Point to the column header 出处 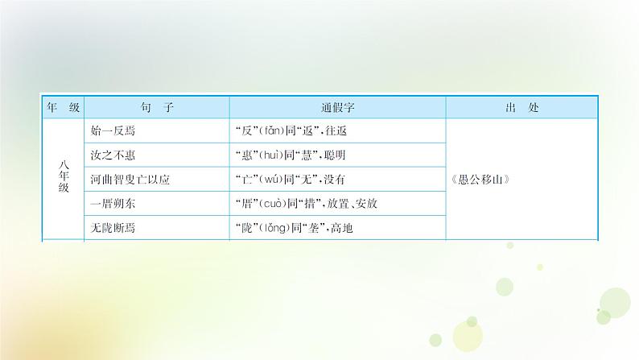pyautogui.click(x=521, y=107)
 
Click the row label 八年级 pyautogui.click(x=64, y=178)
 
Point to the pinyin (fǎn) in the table pyautogui.click(x=267, y=131)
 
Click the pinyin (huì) pyautogui.click(x=267, y=155)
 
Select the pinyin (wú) pyautogui.click(x=266, y=180)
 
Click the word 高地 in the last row pyautogui.click(x=341, y=228)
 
